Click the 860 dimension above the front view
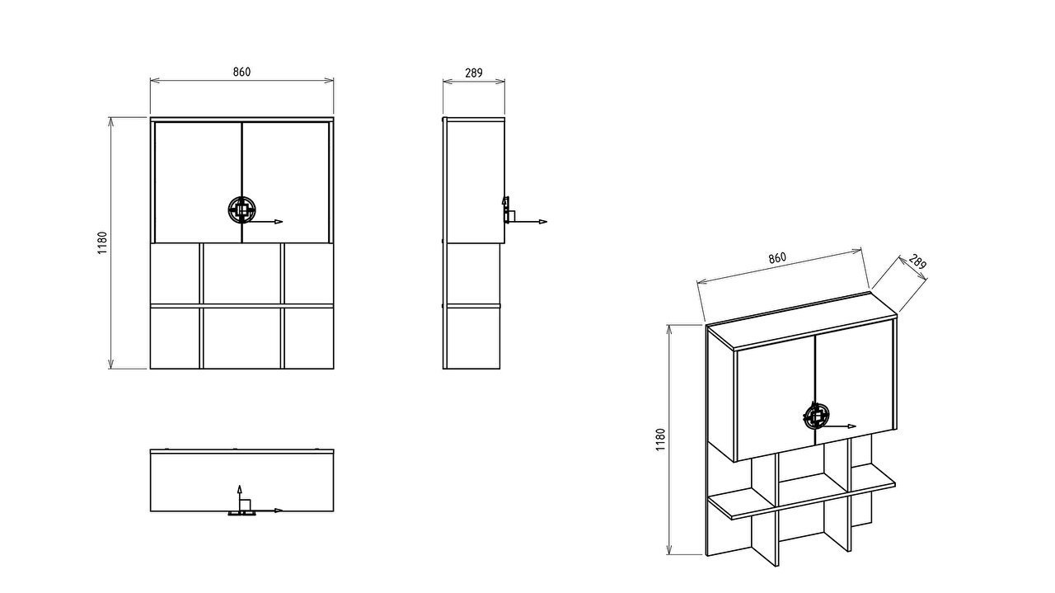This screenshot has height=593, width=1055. [241, 72]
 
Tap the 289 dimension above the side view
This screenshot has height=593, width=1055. [474, 73]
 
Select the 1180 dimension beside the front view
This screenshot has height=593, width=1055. [103, 242]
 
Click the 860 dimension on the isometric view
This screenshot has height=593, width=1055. [777, 258]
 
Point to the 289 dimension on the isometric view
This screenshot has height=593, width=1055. [917, 261]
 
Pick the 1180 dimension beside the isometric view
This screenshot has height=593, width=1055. [661, 440]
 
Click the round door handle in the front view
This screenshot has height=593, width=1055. [241, 209]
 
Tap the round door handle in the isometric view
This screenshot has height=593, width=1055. [815, 417]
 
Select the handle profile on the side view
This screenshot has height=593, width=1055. [507, 209]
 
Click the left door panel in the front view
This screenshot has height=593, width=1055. [199, 182]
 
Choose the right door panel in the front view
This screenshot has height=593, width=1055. [286, 182]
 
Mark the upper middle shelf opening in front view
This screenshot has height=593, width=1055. [242, 273]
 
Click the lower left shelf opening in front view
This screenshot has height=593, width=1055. [175, 338]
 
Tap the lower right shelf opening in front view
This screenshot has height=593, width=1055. [309, 338]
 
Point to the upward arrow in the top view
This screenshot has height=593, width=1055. [239, 497]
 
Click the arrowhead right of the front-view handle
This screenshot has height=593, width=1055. [279, 222]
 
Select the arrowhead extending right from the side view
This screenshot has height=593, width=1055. [543, 222]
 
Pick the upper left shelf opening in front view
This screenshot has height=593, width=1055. [175, 273]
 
